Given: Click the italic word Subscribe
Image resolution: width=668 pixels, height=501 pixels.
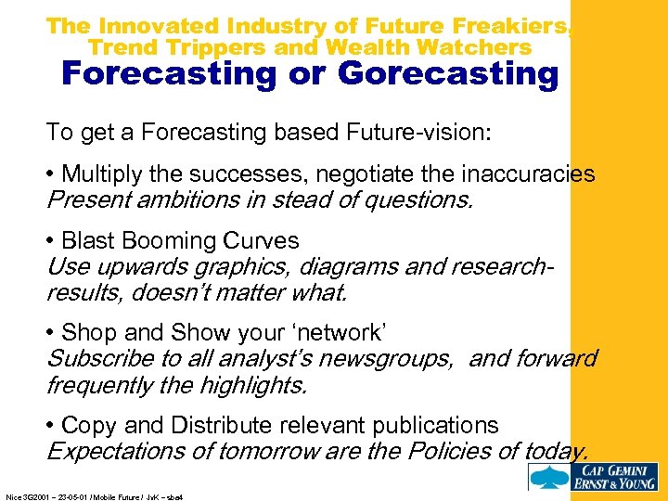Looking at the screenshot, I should tap(96, 358).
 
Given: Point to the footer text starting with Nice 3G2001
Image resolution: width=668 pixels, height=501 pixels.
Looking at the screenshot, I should tap(93, 497).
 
